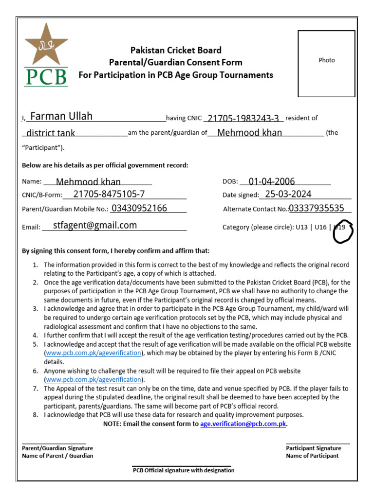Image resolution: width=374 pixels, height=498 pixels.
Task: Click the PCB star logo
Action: pyautogui.click(x=46, y=55)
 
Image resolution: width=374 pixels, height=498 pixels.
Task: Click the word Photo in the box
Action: pyautogui.click(x=327, y=60)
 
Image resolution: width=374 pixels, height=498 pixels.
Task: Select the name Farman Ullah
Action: pyautogui.click(x=61, y=116)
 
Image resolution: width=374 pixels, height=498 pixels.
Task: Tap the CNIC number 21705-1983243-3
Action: pyautogui.click(x=243, y=119)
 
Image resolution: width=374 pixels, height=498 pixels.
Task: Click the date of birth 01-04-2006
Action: pyautogui.click(x=272, y=181)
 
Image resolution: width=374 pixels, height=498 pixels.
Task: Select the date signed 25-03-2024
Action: pyautogui.click(x=288, y=194)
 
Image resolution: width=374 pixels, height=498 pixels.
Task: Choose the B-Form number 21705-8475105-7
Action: pyautogui.click(x=109, y=195)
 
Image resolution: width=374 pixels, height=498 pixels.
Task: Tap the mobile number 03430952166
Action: pyautogui.click(x=139, y=208)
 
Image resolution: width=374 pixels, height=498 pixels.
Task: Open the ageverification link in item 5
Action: pyautogui.click(x=93, y=353)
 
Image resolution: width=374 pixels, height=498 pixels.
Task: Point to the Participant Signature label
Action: pyautogui.click(x=313, y=448)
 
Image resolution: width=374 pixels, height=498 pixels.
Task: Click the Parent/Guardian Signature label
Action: pyautogui.click(x=57, y=448)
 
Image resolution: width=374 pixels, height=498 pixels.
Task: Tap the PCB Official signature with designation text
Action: pyautogui.click(x=184, y=470)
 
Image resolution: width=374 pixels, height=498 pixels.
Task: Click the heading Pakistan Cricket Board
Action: pyautogui.click(x=175, y=50)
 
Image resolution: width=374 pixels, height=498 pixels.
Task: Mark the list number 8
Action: pyautogui.click(x=35, y=415)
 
